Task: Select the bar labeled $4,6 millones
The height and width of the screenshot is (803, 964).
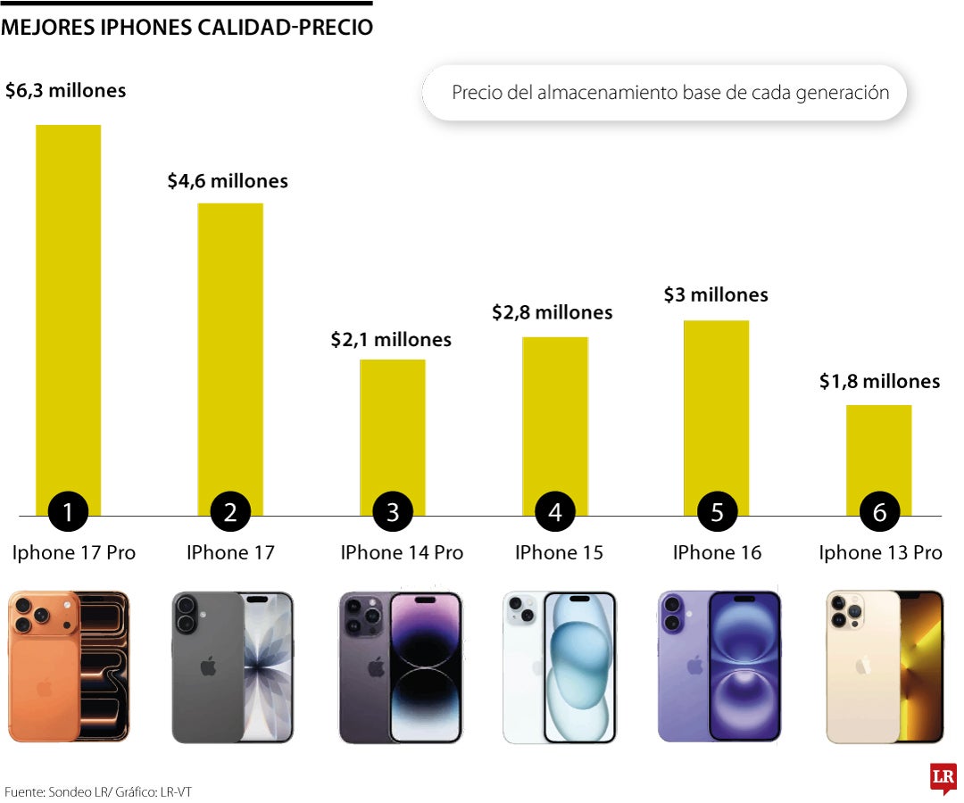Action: pos(230,348)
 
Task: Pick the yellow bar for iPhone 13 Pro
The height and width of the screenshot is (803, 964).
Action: pos(879,451)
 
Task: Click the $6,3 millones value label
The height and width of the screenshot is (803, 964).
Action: pos(65,90)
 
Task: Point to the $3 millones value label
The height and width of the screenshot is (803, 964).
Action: pos(716,294)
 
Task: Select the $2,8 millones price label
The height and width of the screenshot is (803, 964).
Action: pos(553,312)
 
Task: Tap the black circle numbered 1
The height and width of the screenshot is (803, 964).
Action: pos(68,512)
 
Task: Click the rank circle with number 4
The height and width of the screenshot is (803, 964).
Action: pos(555,512)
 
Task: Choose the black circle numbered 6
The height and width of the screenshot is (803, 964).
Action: pos(879,512)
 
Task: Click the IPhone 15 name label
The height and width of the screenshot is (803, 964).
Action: pos(559,553)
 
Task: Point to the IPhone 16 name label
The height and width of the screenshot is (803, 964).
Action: pos(717,553)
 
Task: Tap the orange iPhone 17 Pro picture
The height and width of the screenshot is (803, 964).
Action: pos(69,666)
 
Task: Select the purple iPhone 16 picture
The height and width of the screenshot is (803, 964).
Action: pos(719,666)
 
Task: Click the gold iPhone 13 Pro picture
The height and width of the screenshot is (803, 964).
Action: pos(884,666)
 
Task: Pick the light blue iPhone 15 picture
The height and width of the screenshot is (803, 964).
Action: pos(560,666)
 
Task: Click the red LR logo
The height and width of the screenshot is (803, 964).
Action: pos(943,777)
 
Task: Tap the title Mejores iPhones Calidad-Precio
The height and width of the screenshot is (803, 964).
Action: pos(187,28)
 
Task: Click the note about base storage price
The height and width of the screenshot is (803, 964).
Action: pos(669,93)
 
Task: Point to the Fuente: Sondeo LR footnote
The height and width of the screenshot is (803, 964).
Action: pos(98,791)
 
